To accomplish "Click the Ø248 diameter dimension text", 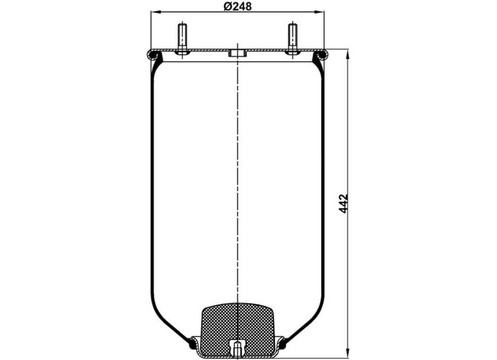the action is (x=238, y=7).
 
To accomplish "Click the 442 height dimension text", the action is (x=344, y=204).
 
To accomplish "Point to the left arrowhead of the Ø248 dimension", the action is (x=156, y=13).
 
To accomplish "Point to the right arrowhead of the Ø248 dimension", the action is (x=319, y=13).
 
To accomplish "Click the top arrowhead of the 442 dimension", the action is (x=348, y=55).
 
